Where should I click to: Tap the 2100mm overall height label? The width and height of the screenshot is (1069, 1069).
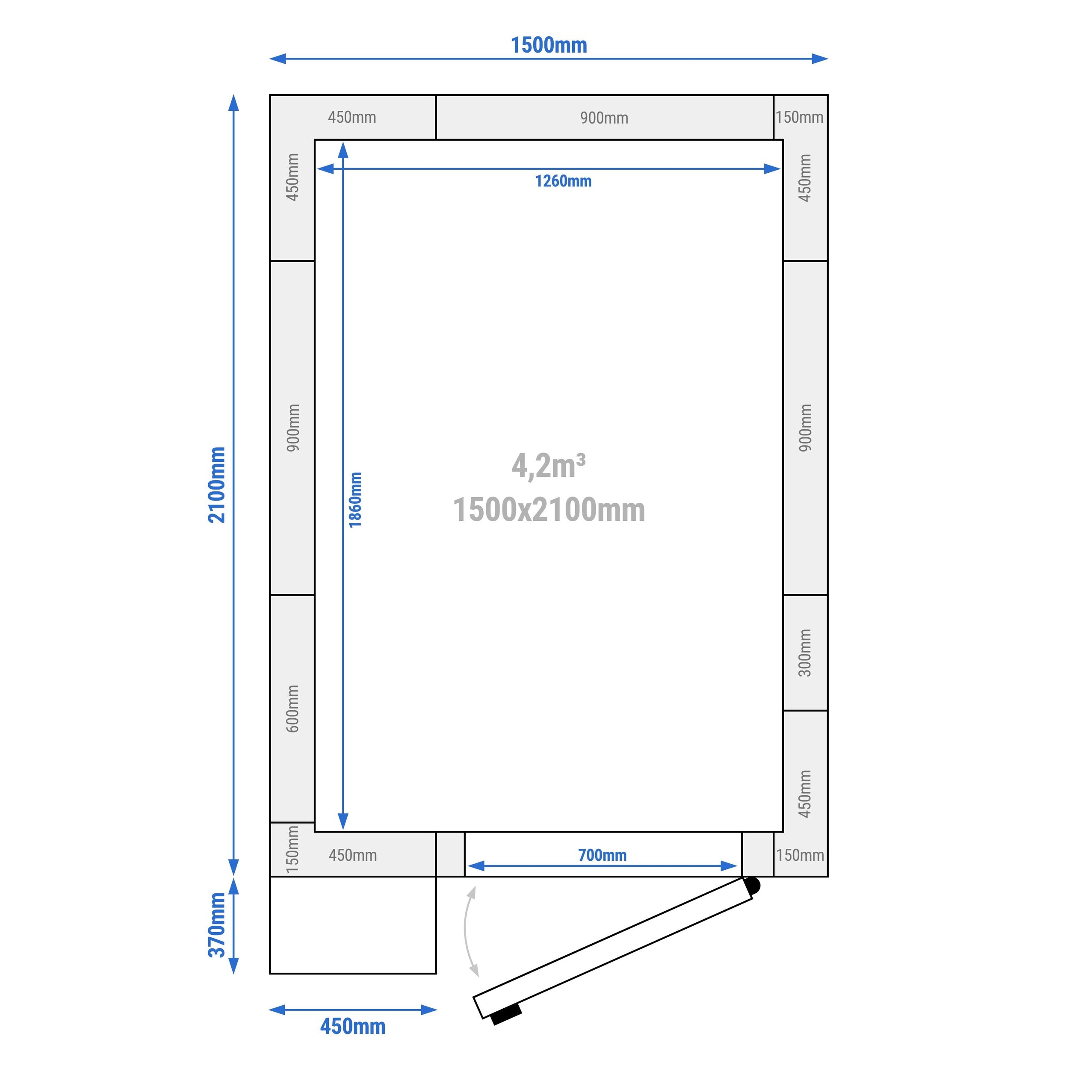click(x=217, y=485)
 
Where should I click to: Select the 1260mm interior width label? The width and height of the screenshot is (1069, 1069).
click(x=563, y=181)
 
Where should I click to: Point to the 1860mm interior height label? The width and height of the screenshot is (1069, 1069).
click(x=355, y=499)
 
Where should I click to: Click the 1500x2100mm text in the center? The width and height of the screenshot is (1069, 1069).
click(x=549, y=510)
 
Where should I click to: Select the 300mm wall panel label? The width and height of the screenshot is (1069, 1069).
click(x=805, y=653)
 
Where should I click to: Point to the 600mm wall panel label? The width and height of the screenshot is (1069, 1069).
click(x=293, y=709)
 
